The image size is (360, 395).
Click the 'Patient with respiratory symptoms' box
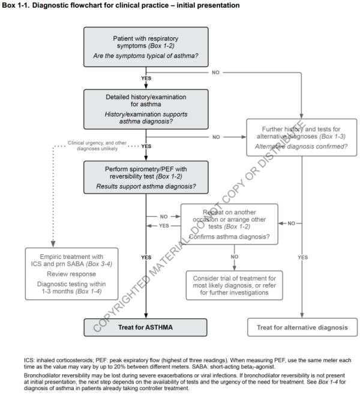pyautogui.click(x=146, y=47)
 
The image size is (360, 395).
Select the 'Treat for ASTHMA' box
pyautogui.click(x=146, y=328)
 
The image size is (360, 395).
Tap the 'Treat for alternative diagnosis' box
pyautogui.click(x=302, y=328)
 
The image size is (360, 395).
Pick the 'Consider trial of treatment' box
pyautogui.click(x=234, y=285)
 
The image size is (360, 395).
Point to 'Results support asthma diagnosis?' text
pyautogui.click(x=146, y=186)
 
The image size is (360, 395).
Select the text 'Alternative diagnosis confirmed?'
pyautogui.click(x=301, y=146)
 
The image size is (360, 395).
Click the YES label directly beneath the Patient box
pyautogui.click(x=146, y=78)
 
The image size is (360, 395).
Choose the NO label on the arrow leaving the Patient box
pyautogui.click(x=216, y=73)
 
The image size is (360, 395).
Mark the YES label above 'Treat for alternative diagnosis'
pyautogui.click(x=302, y=257)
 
